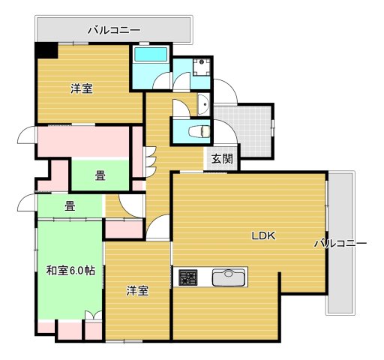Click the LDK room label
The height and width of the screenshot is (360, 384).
coord(263,235)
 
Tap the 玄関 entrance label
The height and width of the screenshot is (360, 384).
coord(221,159)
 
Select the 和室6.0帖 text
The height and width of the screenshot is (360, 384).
coord(70,270)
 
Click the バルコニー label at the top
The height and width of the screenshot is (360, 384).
coord(113,31)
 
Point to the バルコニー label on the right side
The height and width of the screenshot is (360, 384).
coord(340,244)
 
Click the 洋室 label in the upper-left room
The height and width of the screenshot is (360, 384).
coord(82,88)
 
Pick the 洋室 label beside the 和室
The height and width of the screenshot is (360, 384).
coord(136,290)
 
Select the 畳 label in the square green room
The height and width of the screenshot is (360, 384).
coord(99,176)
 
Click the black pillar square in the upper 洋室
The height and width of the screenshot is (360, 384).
coord(46,50)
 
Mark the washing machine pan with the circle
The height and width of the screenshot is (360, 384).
coord(199,67)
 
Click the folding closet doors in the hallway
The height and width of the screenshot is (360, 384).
coord(149,158)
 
